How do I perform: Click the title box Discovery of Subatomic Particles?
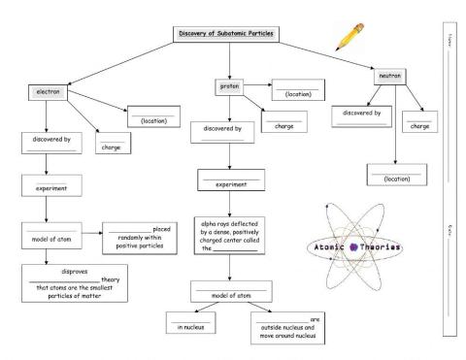225,33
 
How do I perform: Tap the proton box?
229,85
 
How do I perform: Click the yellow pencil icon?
347,36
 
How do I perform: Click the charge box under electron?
112,144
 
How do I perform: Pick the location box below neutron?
394,174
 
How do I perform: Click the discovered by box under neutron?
361,116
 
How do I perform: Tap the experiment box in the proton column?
230,180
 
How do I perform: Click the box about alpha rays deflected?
229,234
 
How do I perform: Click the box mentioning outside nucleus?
288,328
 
